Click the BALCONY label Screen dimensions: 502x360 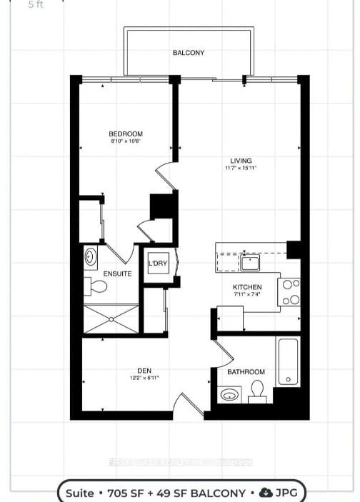click(188, 53)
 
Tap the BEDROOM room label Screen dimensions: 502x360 click(126, 134)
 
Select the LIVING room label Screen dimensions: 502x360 click(240, 161)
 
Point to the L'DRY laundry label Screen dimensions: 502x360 click(158, 263)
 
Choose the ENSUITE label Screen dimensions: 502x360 click(117, 273)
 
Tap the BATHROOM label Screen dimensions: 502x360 click(246, 372)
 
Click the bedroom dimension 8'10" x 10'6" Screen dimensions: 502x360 click(126, 141)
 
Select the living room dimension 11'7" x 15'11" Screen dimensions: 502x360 click(240, 169)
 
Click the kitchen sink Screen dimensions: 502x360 click(249, 263)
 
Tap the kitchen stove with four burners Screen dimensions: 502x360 click(290, 291)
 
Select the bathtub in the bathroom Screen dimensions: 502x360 click(288, 361)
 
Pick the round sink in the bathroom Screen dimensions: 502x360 click(229, 394)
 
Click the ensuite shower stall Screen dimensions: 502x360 click(111, 318)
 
